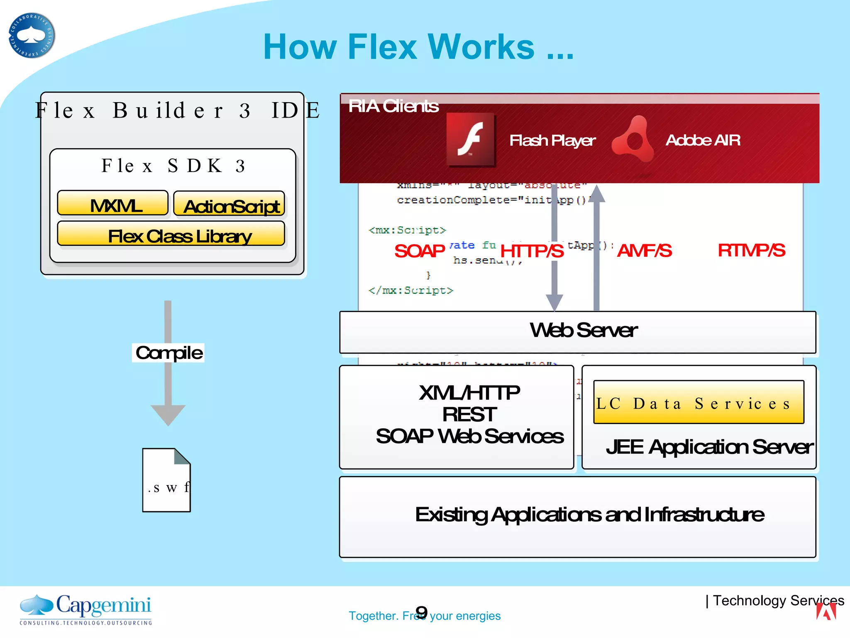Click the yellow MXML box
(x=112, y=204)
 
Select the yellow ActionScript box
(x=229, y=204)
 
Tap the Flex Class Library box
(x=171, y=234)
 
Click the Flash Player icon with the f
(x=471, y=140)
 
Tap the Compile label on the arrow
(x=169, y=353)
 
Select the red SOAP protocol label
(x=419, y=251)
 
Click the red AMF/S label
(x=644, y=250)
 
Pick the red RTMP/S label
(x=751, y=250)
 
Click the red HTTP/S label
(x=532, y=251)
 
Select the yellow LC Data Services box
(x=699, y=402)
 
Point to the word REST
(x=469, y=414)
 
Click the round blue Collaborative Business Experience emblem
(x=32, y=36)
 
